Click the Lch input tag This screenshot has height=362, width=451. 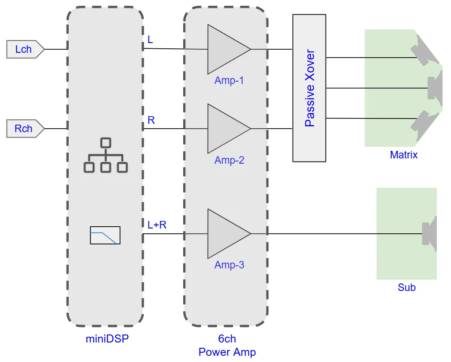[25, 49]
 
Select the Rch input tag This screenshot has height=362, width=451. [25, 129]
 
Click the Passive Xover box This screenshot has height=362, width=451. [309, 88]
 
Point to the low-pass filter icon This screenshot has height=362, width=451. [105, 235]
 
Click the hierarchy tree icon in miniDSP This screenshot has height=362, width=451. [105, 155]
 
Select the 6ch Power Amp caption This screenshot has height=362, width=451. [227, 346]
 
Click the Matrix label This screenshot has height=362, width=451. [404, 155]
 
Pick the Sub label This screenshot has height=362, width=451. [406, 287]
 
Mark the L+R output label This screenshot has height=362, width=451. [157, 225]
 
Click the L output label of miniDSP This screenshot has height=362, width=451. [150, 40]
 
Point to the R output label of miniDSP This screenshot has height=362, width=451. [151, 120]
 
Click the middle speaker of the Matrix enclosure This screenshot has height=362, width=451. [435, 88]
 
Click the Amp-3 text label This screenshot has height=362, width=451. [229, 265]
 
